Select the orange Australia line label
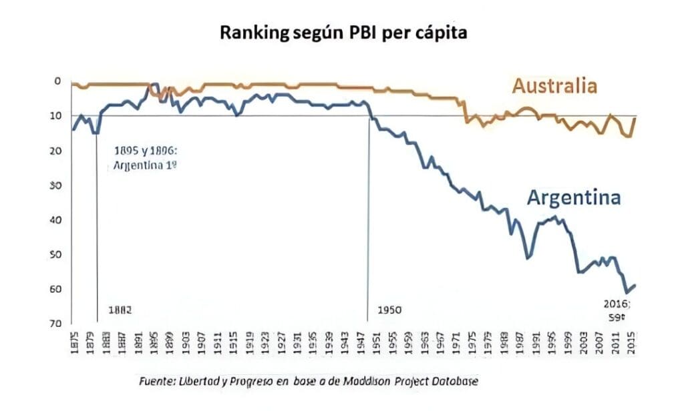pos(554,86)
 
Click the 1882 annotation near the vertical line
pos(120,310)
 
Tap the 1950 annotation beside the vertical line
pos(390,310)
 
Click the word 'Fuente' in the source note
pos(156,381)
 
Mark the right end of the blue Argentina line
pos(635,285)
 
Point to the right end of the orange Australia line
pos(635,118)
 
